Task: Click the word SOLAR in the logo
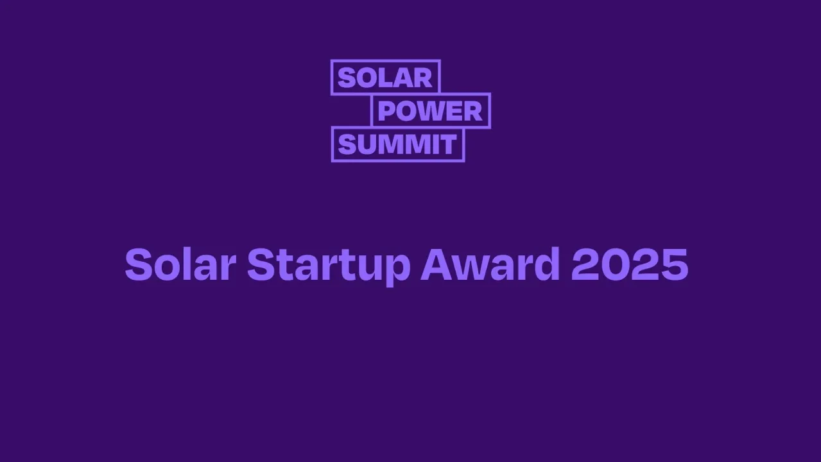(x=385, y=78)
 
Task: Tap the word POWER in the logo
(x=430, y=111)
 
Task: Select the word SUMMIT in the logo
(x=397, y=144)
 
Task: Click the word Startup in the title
(x=328, y=264)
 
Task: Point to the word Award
(x=490, y=264)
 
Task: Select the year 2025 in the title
(x=629, y=264)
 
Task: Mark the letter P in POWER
(x=385, y=111)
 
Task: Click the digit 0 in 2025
(x=615, y=264)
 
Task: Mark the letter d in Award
(x=546, y=264)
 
